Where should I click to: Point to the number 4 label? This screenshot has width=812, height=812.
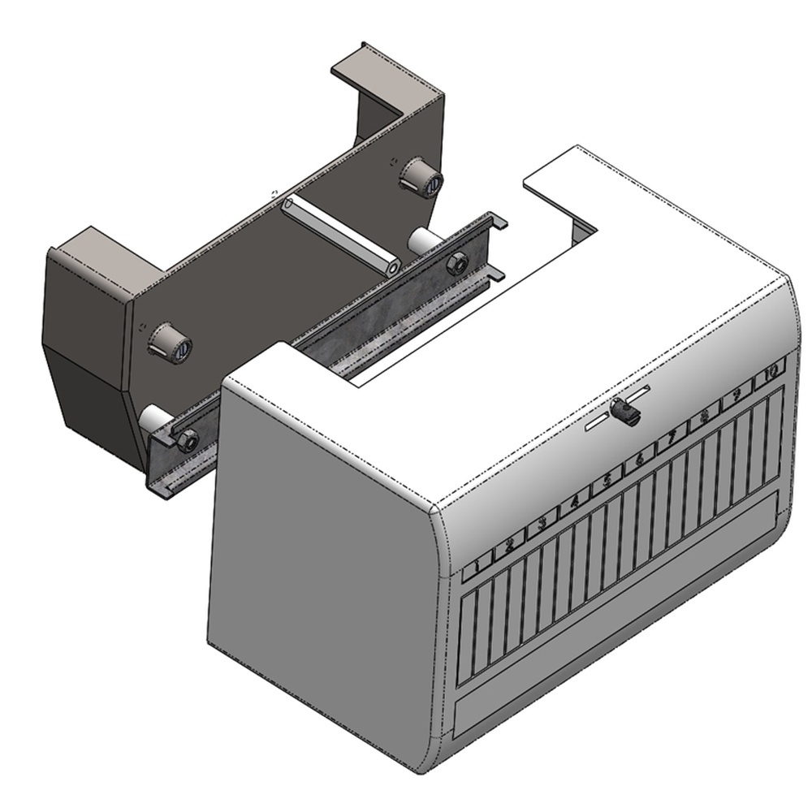pyautogui.click(x=575, y=502)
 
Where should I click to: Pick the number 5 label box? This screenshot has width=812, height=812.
pyautogui.click(x=607, y=482)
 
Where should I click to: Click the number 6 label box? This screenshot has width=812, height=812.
pyautogui.click(x=639, y=461)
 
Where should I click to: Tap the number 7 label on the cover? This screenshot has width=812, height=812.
pyautogui.click(x=672, y=441)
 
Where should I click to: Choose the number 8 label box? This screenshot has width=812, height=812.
pyautogui.click(x=703, y=421)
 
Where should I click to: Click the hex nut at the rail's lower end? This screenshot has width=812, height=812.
pyautogui.click(x=188, y=440)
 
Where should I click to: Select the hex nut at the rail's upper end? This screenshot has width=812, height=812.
pyautogui.click(x=456, y=263)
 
